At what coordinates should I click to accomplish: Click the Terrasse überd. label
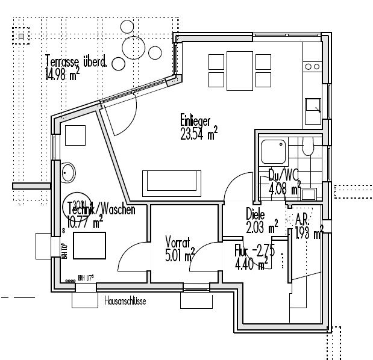click(76, 61)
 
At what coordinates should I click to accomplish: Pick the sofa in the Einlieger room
click(172, 181)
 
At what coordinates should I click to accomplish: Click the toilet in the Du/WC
click(308, 146)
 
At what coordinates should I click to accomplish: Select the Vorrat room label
click(178, 243)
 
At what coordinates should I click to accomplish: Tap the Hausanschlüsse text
click(125, 299)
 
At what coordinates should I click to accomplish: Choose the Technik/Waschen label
click(101, 210)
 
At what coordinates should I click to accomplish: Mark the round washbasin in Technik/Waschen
click(69, 172)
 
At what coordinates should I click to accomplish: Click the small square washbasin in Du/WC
click(309, 194)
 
